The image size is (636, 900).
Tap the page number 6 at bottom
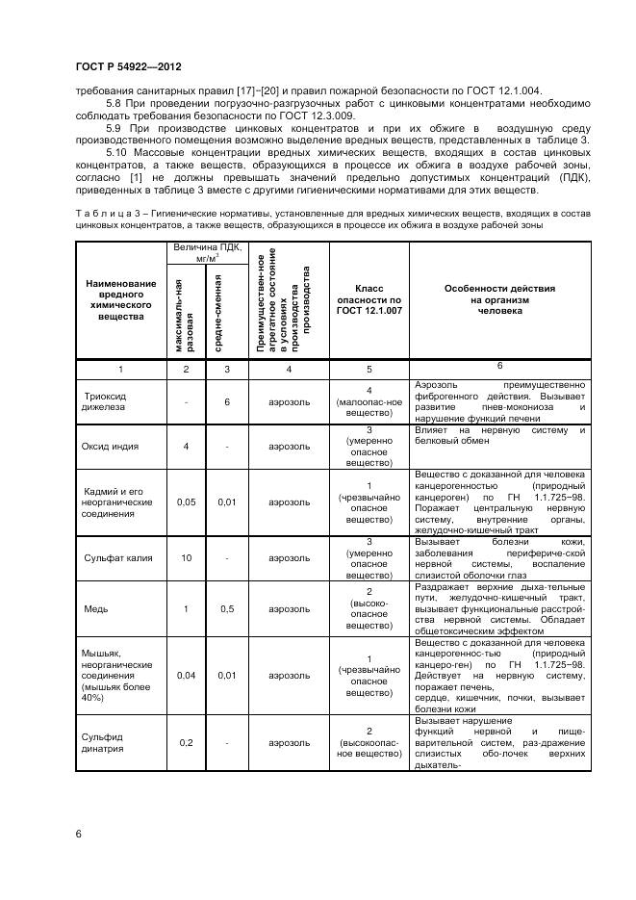pos(78,834)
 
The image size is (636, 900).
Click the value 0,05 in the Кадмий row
pos(186,501)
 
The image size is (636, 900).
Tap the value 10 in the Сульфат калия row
pos(186,557)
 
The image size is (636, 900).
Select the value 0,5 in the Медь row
pos(227,609)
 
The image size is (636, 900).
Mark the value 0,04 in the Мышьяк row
pos(186,675)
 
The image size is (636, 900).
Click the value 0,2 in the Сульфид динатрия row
pos(186,742)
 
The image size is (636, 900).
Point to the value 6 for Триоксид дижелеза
pos(227,401)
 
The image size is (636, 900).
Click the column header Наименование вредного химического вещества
pos(120,299)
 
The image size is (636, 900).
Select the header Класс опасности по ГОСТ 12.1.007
pos(369,299)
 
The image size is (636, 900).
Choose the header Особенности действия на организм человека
pos(498,299)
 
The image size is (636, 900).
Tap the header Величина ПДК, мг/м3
pos(206,253)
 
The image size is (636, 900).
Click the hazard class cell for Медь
pos(369,609)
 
